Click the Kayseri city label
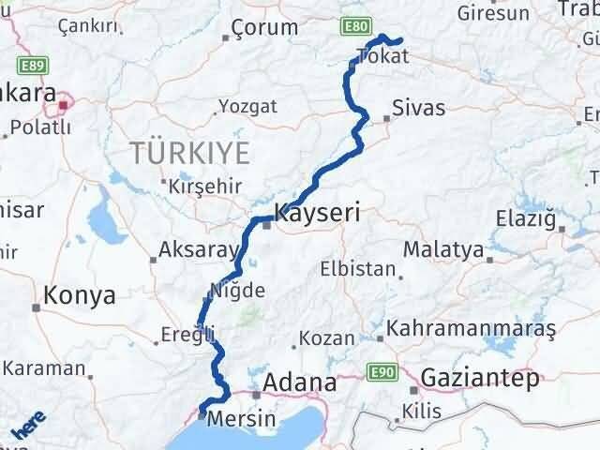click(318, 212)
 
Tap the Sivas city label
click(419, 108)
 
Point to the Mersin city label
click(242, 418)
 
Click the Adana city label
click(300, 382)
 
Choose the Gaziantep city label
click(481, 379)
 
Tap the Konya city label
click(79, 295)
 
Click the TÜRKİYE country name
click(190, 151)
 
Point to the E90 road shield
click(380, 372)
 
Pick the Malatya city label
click(443, 250)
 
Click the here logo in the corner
click(27, 427)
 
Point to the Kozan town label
click(327, 337)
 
